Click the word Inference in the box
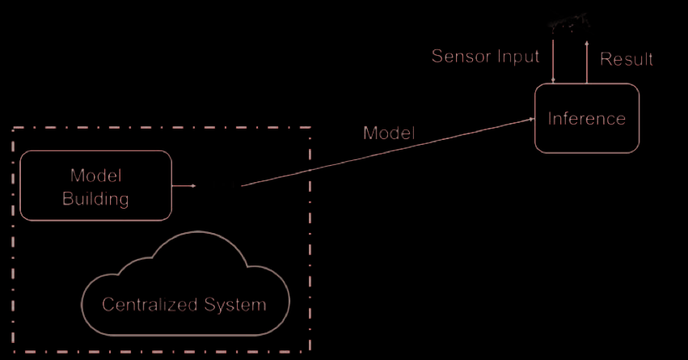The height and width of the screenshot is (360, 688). pos(587,119)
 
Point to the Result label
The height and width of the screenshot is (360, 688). pos(627,59)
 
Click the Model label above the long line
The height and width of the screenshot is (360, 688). pos(389,133)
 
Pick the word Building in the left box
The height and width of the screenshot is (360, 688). pos(95,198)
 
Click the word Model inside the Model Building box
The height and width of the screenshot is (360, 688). pos(95,176)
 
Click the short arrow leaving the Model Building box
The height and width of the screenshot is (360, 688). pos(186,186)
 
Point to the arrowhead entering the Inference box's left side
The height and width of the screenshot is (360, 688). pos(531,119)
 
